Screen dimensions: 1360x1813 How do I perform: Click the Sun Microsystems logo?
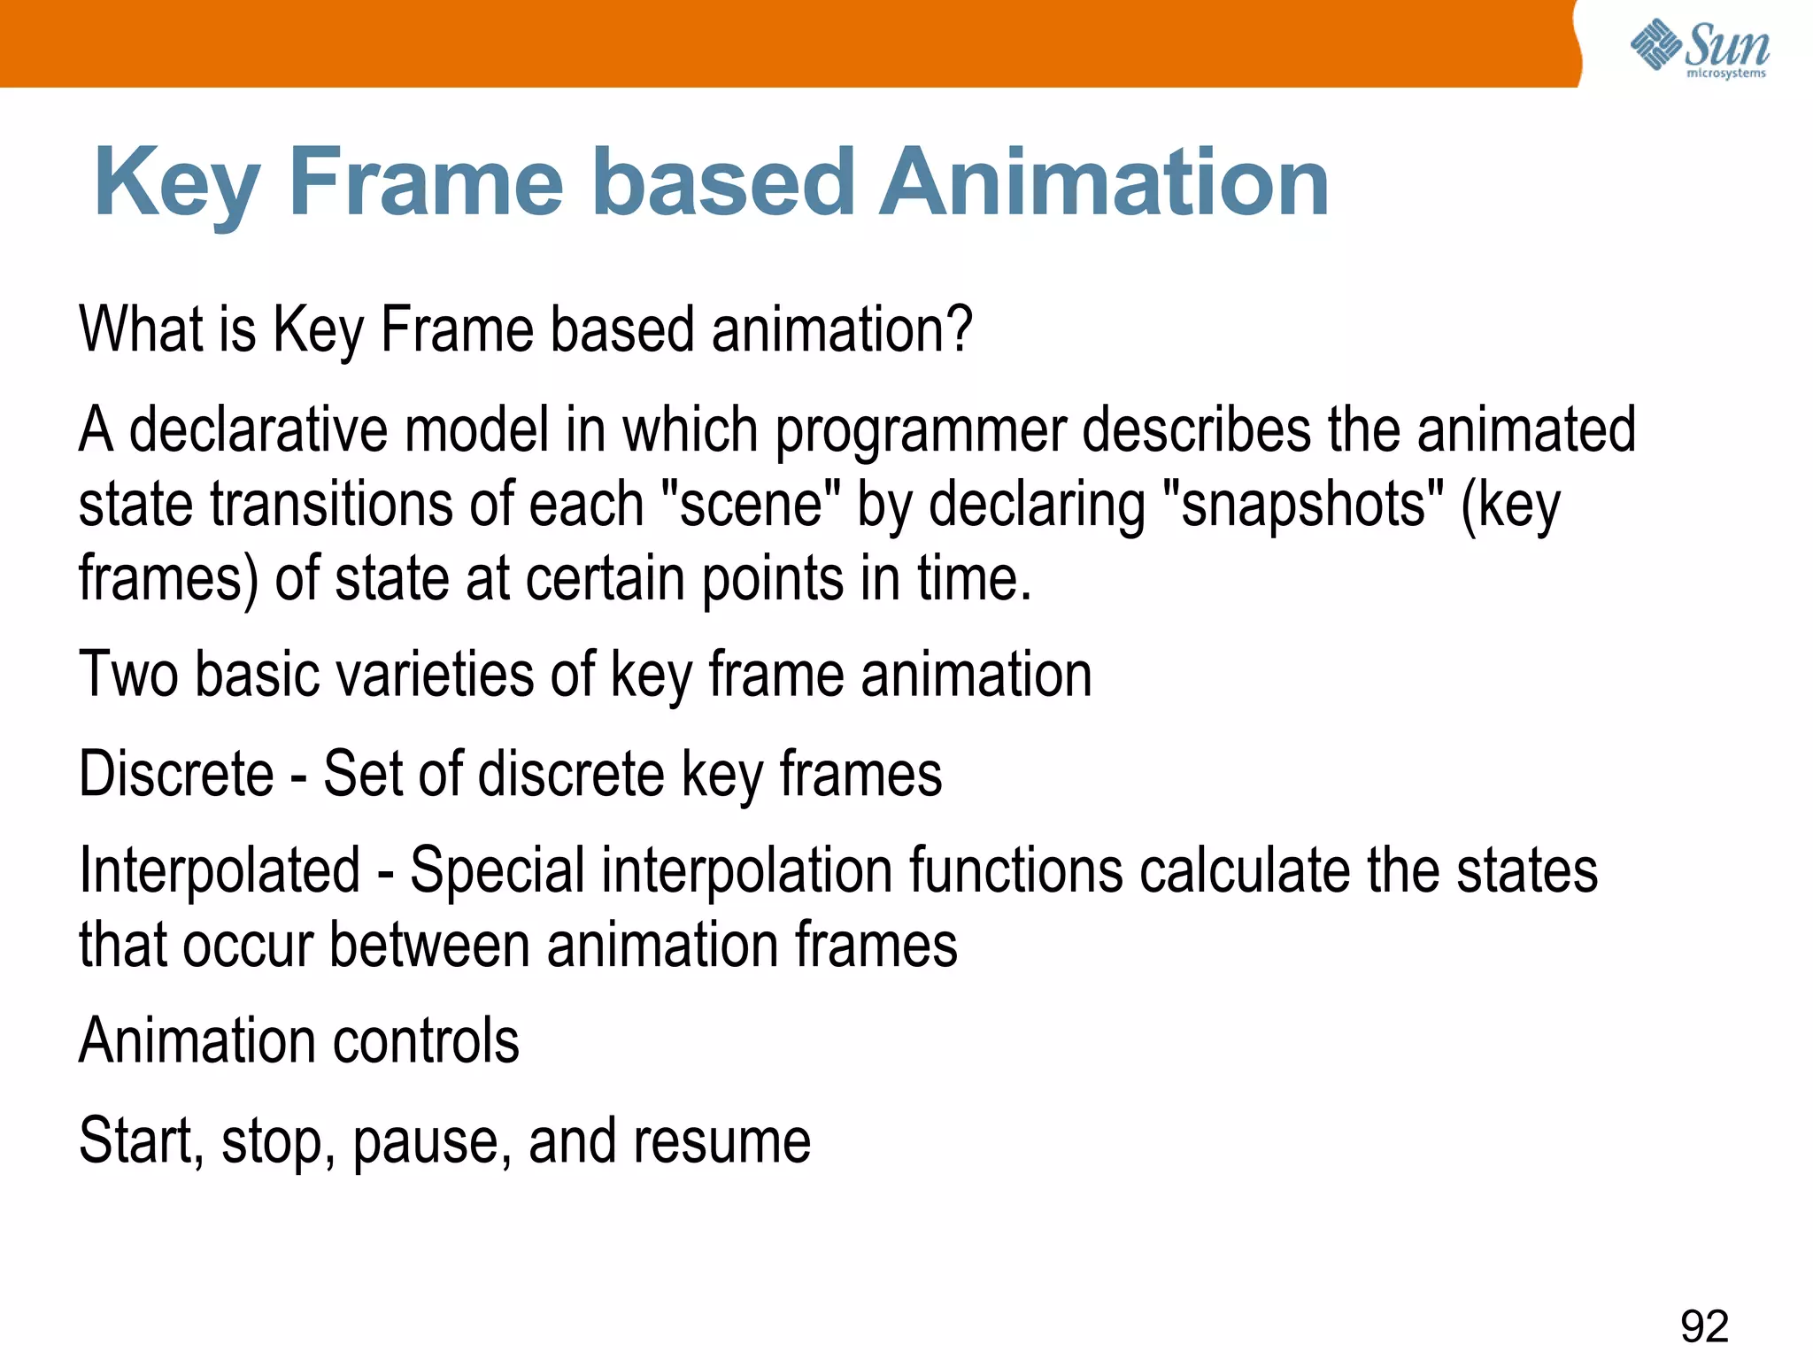1699,49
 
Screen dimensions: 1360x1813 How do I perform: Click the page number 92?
1704,1326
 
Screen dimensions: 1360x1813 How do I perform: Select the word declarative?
258,430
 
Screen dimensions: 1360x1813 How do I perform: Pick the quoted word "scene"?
751,505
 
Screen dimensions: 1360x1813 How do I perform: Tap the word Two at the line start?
128,675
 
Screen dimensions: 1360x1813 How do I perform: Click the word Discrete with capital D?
176,774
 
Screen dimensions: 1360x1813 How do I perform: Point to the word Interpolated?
220,871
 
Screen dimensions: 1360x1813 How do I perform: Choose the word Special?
497,871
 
